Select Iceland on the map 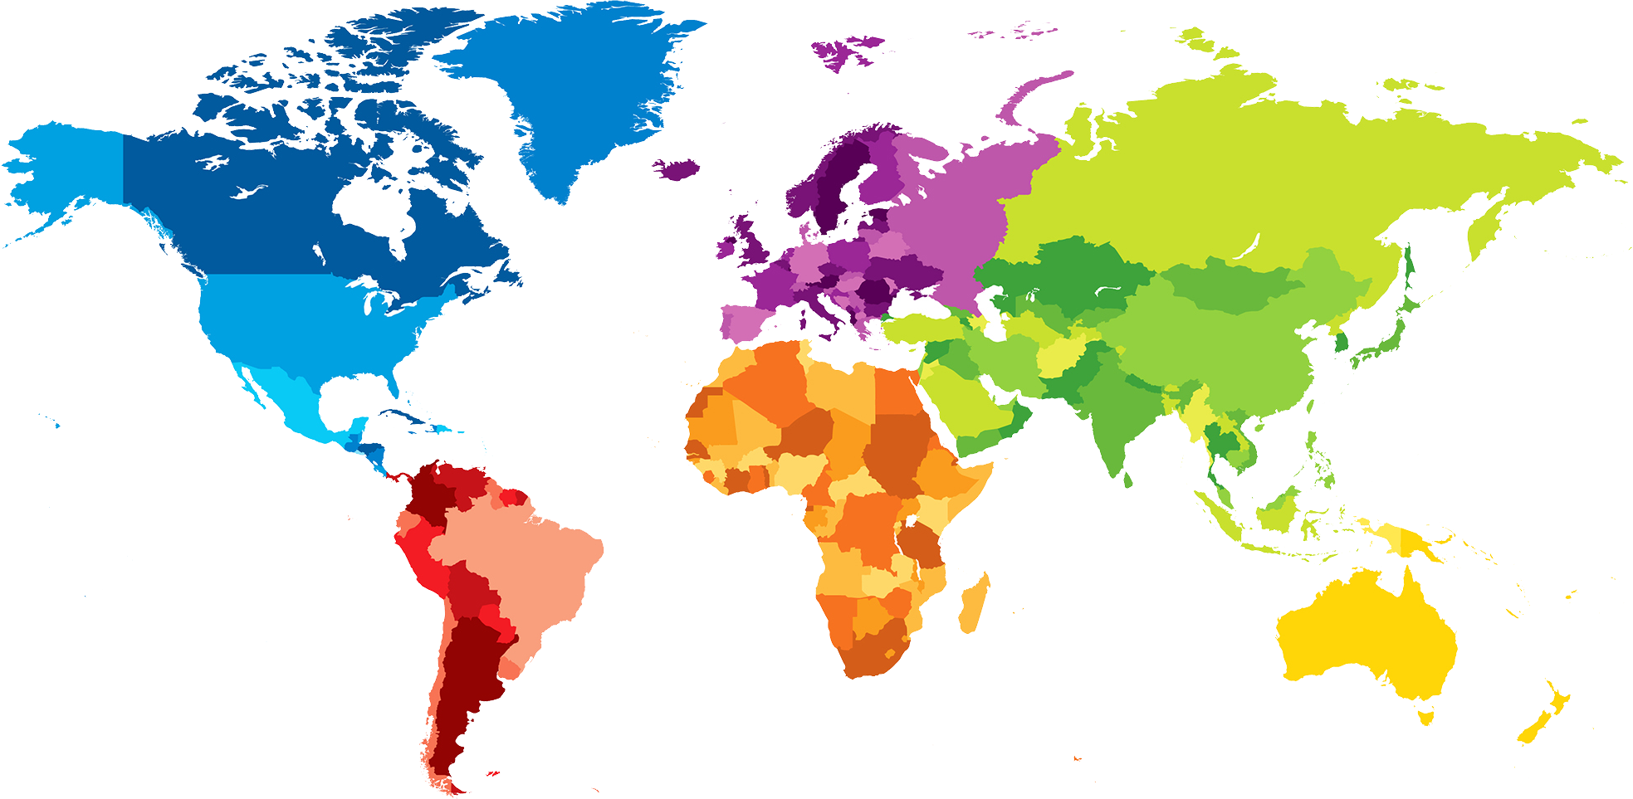tap(677, 168)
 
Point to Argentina tap(465, 680)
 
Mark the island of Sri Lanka tap(1127, 480)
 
